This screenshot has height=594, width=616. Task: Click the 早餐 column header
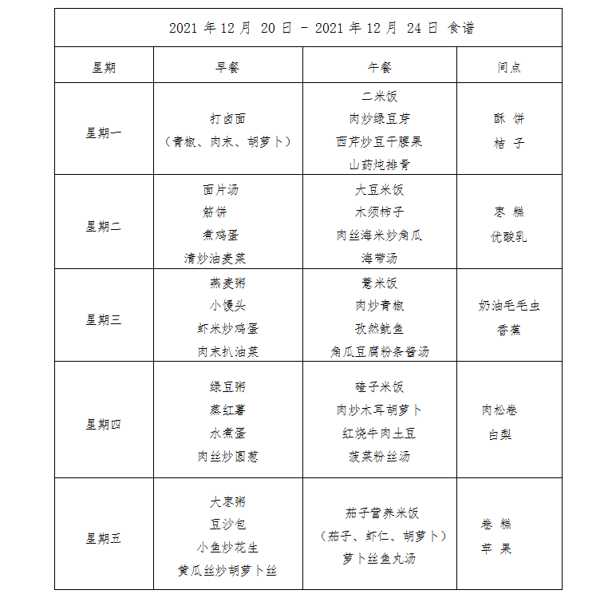point(227,68)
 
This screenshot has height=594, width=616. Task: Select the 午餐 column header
point(379,68)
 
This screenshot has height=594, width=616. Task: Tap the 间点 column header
point(509,68)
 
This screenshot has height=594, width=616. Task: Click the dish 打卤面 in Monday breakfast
point(227,119)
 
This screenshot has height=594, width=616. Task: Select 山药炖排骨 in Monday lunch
point(379,165)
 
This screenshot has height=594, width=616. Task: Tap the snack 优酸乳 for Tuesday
point(509,237)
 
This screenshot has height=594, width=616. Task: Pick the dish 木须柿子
point(379,212)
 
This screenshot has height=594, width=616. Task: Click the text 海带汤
point(379,259)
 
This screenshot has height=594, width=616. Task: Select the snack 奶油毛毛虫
point(509,306)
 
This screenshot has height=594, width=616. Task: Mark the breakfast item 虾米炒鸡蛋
point(227,329)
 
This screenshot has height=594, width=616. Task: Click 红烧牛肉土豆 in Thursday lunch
point(379,434)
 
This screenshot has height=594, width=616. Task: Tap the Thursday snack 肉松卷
point(500,410)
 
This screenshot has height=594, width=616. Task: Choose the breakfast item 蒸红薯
point(227,410)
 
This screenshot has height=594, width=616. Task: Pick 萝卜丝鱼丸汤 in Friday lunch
point(379,559)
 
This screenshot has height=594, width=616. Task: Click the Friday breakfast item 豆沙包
point(227,525)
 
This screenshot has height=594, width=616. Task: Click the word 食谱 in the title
point(461,28)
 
